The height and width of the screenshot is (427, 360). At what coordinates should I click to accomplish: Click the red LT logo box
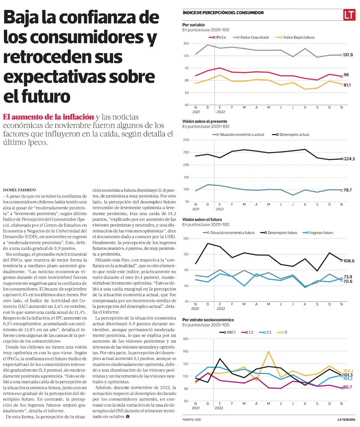(349, 15)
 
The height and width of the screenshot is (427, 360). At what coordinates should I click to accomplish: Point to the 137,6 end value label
(348, 55)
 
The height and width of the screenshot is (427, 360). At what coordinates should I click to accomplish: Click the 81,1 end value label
(347, 85)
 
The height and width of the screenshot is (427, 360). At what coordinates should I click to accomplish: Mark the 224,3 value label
(348, 159)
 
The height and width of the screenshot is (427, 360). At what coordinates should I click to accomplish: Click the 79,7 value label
(347, 190)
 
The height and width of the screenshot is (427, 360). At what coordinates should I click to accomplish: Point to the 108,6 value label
(348, 260)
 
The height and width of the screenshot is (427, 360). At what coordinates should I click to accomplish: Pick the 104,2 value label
(348, 370)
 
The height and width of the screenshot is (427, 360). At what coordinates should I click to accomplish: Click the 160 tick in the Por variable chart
(186, 44)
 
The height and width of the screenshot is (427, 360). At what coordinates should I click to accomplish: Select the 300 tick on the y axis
(186, 140)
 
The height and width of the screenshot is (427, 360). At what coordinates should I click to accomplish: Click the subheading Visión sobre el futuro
(202, 219)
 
